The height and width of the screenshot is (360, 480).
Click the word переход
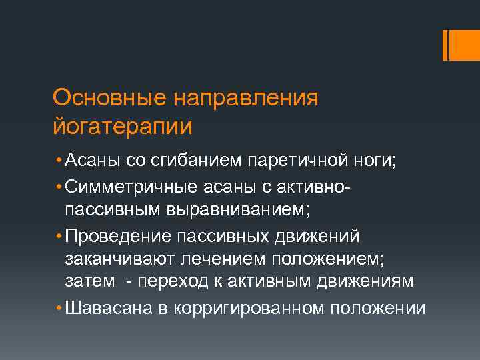click(x=176, y=282)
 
